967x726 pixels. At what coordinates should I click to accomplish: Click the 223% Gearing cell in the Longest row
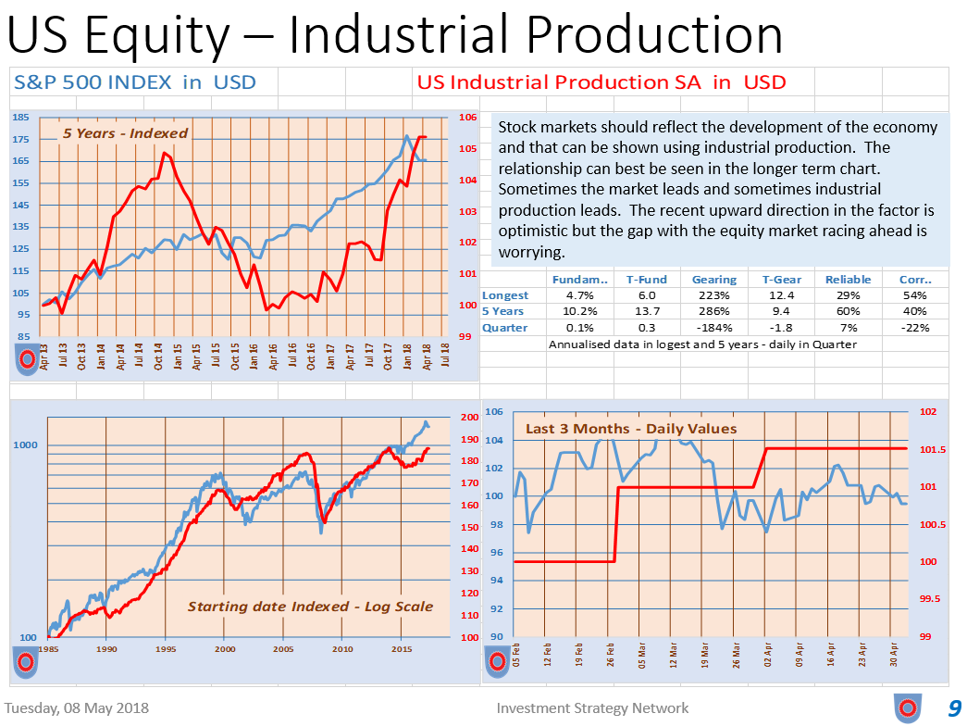(714, 295)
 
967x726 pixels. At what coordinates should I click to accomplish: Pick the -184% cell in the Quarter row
(714, 327)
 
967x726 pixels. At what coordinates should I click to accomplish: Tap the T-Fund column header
(642, 279)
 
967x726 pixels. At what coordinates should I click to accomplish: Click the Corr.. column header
(915, 279)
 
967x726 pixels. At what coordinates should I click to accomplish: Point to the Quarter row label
(505, 327)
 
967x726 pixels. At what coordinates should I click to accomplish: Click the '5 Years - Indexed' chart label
(125, 133)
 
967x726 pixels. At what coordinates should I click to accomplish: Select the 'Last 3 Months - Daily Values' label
(631, 429)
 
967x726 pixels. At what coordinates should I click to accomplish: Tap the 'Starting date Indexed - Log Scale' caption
(310, 607)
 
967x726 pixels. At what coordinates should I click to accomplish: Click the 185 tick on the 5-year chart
(21, 118)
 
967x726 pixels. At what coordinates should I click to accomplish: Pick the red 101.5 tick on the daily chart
(933, 450)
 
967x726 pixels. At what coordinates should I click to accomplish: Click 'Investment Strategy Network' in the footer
(592, 708)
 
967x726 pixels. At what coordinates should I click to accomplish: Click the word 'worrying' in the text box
(531, 253)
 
